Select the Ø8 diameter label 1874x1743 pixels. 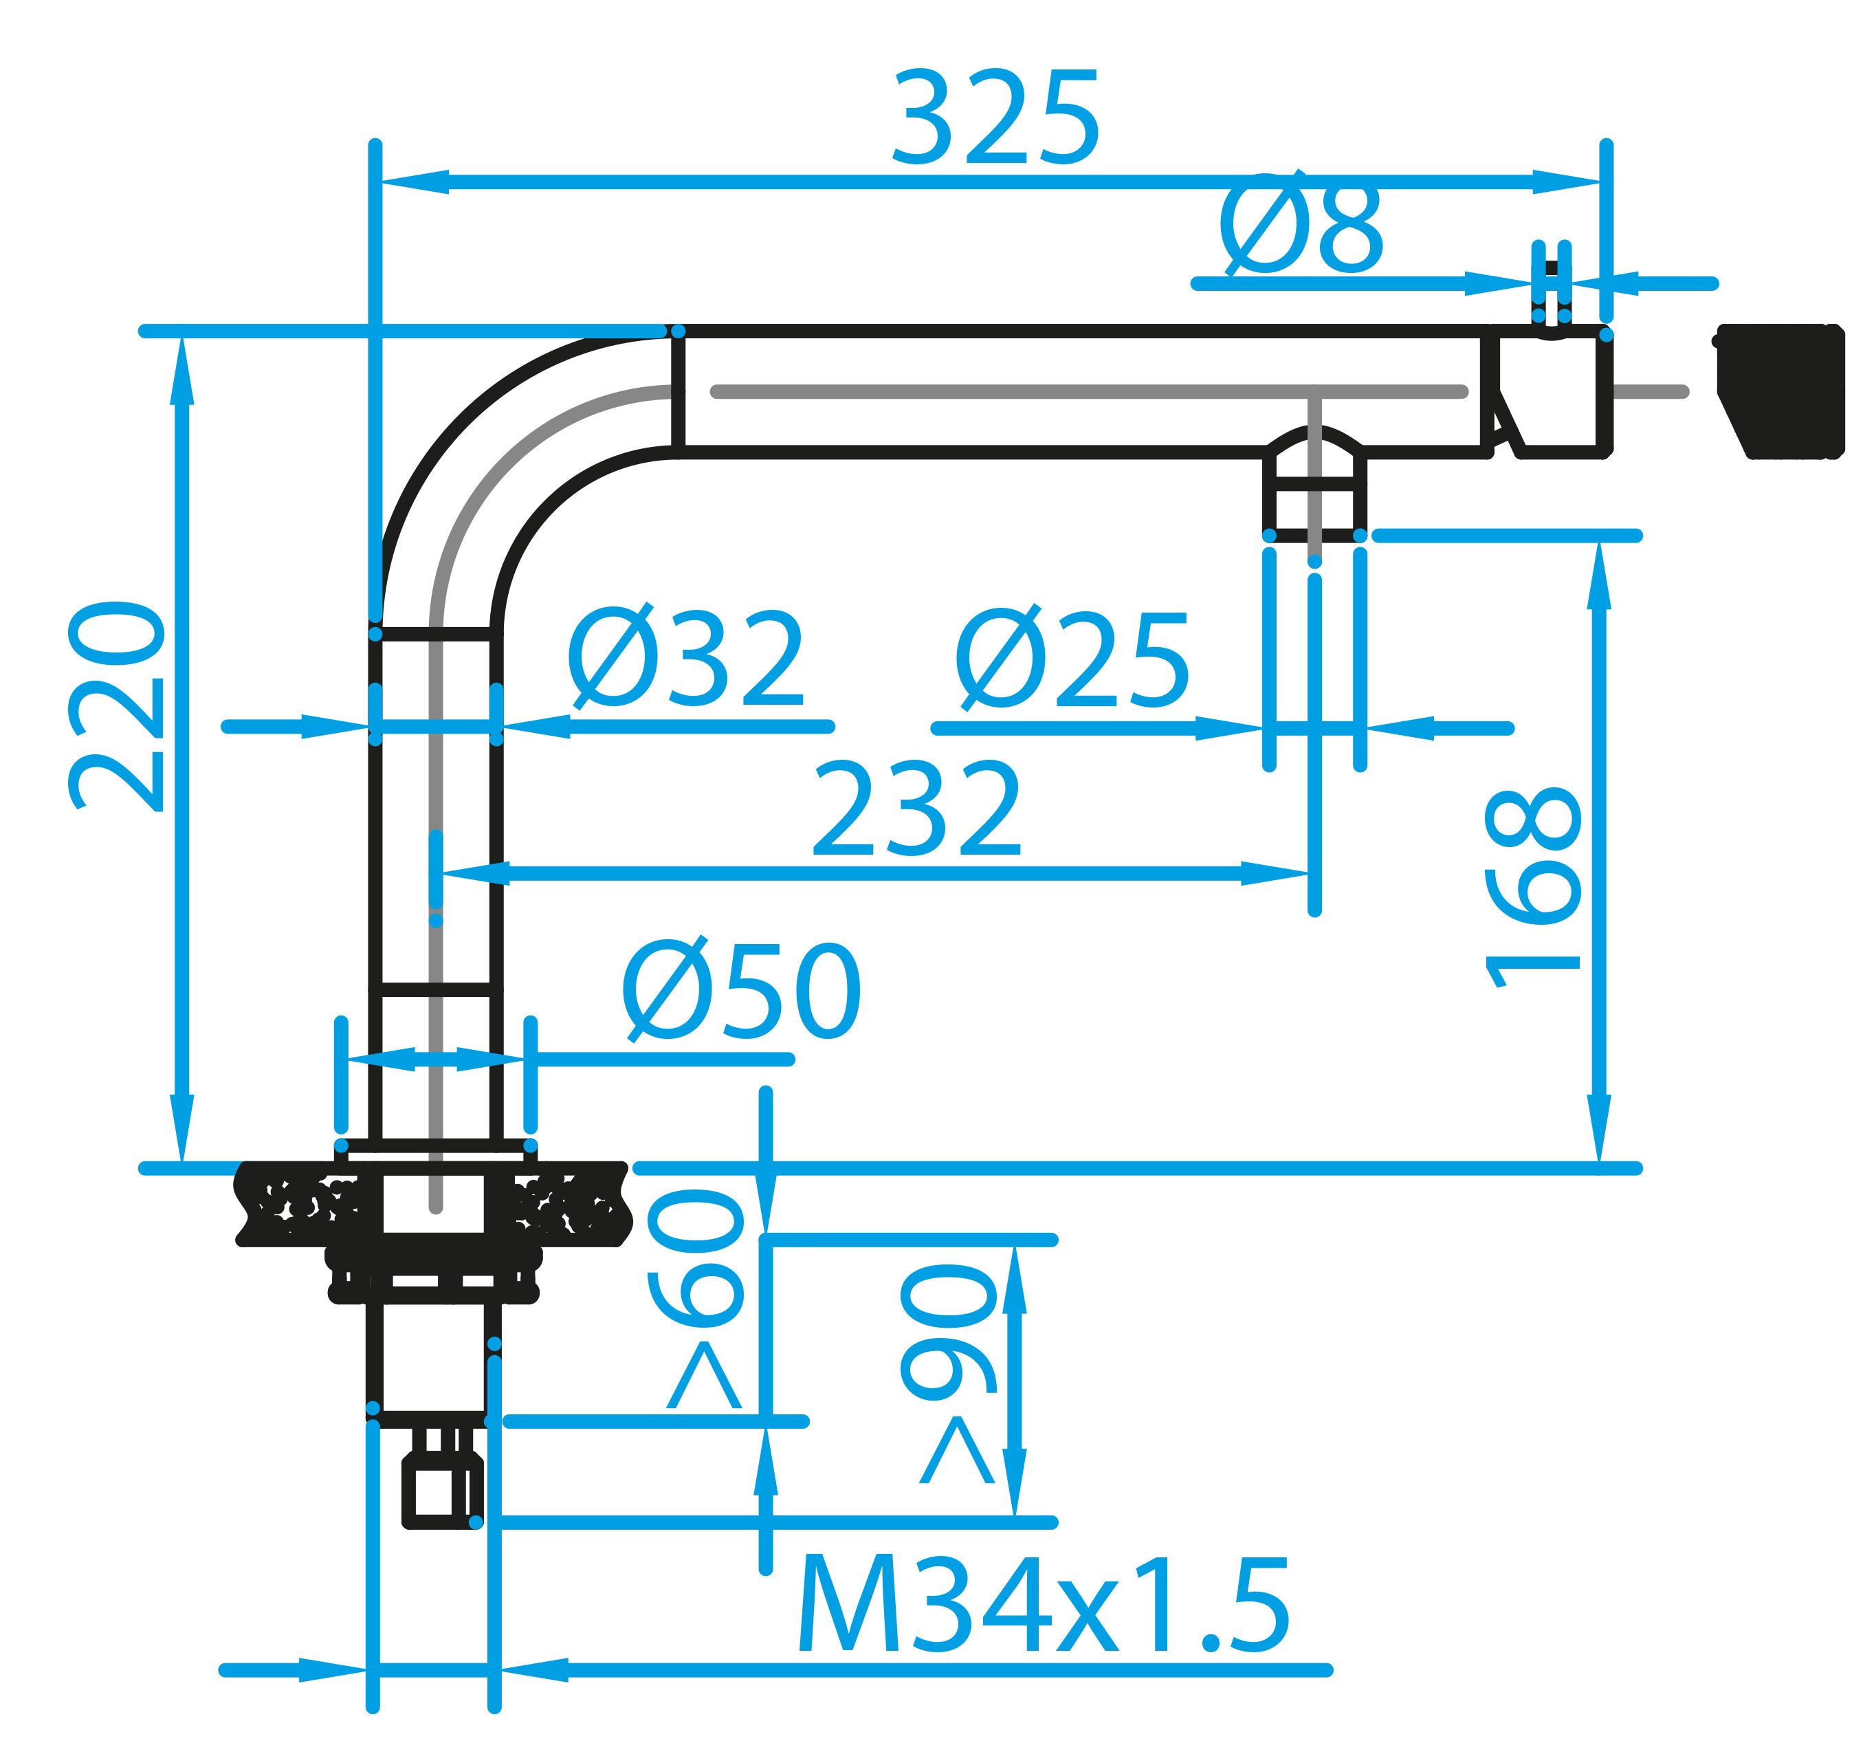pos(1301,226)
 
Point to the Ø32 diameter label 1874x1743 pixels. pos(686,661)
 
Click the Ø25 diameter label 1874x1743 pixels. pos(1072,661)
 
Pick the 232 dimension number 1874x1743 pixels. pos(916,811)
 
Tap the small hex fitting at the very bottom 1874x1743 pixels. pos(442,1489)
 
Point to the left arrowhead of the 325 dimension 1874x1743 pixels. pos(415,183)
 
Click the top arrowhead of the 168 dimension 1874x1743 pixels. pos(1600,575)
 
